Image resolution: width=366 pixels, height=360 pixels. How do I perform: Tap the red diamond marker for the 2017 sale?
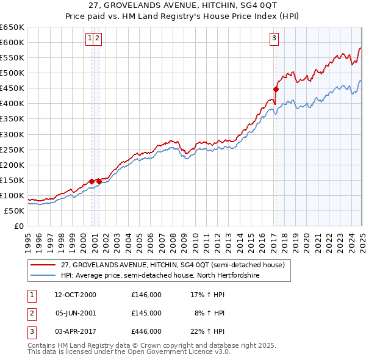pyautogui.click(x=276, y=89)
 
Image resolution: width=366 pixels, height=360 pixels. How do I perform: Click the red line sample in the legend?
pyautogui.click(x=43, y=265)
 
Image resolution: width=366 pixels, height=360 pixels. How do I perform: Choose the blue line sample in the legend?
pyautogui.click(x=43, y=276)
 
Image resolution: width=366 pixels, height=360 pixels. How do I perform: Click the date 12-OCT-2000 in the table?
pyautogui.click(x=75, y=295)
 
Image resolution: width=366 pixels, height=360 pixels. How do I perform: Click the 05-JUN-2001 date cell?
pyautogui.click(x=75, y=312)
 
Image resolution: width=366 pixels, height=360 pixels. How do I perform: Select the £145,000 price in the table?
pyautogui.click(x=146, y=312)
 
